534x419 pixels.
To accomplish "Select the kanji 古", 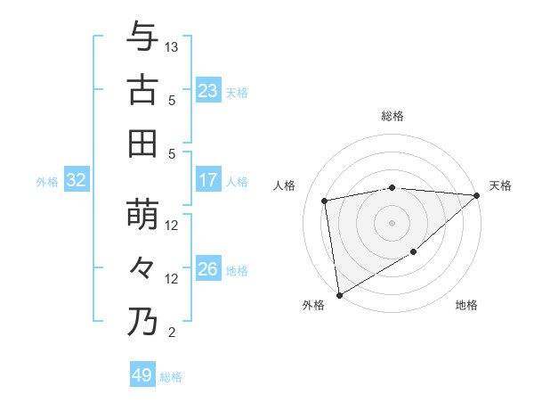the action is pyautogui.click(x=142, y=89).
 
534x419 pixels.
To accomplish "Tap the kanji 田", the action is pyautogui.click(x=142, y=143).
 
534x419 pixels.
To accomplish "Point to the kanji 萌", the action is pyautogui.click(x=142, y=215).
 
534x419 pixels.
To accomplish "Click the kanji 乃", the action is pyautogui.click(x=142, y=322).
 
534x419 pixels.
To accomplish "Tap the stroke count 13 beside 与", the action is pyautogui.click(x=172, y=45).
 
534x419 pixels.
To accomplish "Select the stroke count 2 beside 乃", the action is pyautogui.click(x=172, y=333).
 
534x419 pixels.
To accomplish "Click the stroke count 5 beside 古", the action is pyautogui.click(x=172, y=100).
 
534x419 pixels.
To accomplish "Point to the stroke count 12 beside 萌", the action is pyautogui.click(x=172, y=226).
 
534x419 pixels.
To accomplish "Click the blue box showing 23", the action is pyautogui.click(x=207, y=90).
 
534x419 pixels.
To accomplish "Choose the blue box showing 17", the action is pyautogui.click(x=207, y=180).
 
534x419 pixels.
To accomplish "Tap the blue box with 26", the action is pyautogui.click(x=207, y=269).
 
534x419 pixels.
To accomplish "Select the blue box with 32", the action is pyautogui.click(x=76, y=180).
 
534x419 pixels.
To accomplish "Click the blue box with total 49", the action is pyautogui.click(x=142, y=375).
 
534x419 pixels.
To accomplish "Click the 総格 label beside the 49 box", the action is pyautogui.click(x=171, y=377).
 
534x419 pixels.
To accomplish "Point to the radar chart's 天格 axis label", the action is pyautogui.click(x=500, y=185).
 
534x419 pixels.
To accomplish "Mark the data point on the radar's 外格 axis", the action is pyautogui.click(x=339, y=294).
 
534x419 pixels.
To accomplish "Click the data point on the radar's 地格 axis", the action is pyautogui.click(x=414, y=253).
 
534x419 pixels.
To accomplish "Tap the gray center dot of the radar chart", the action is pyautogui.click(x=392, y=222).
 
